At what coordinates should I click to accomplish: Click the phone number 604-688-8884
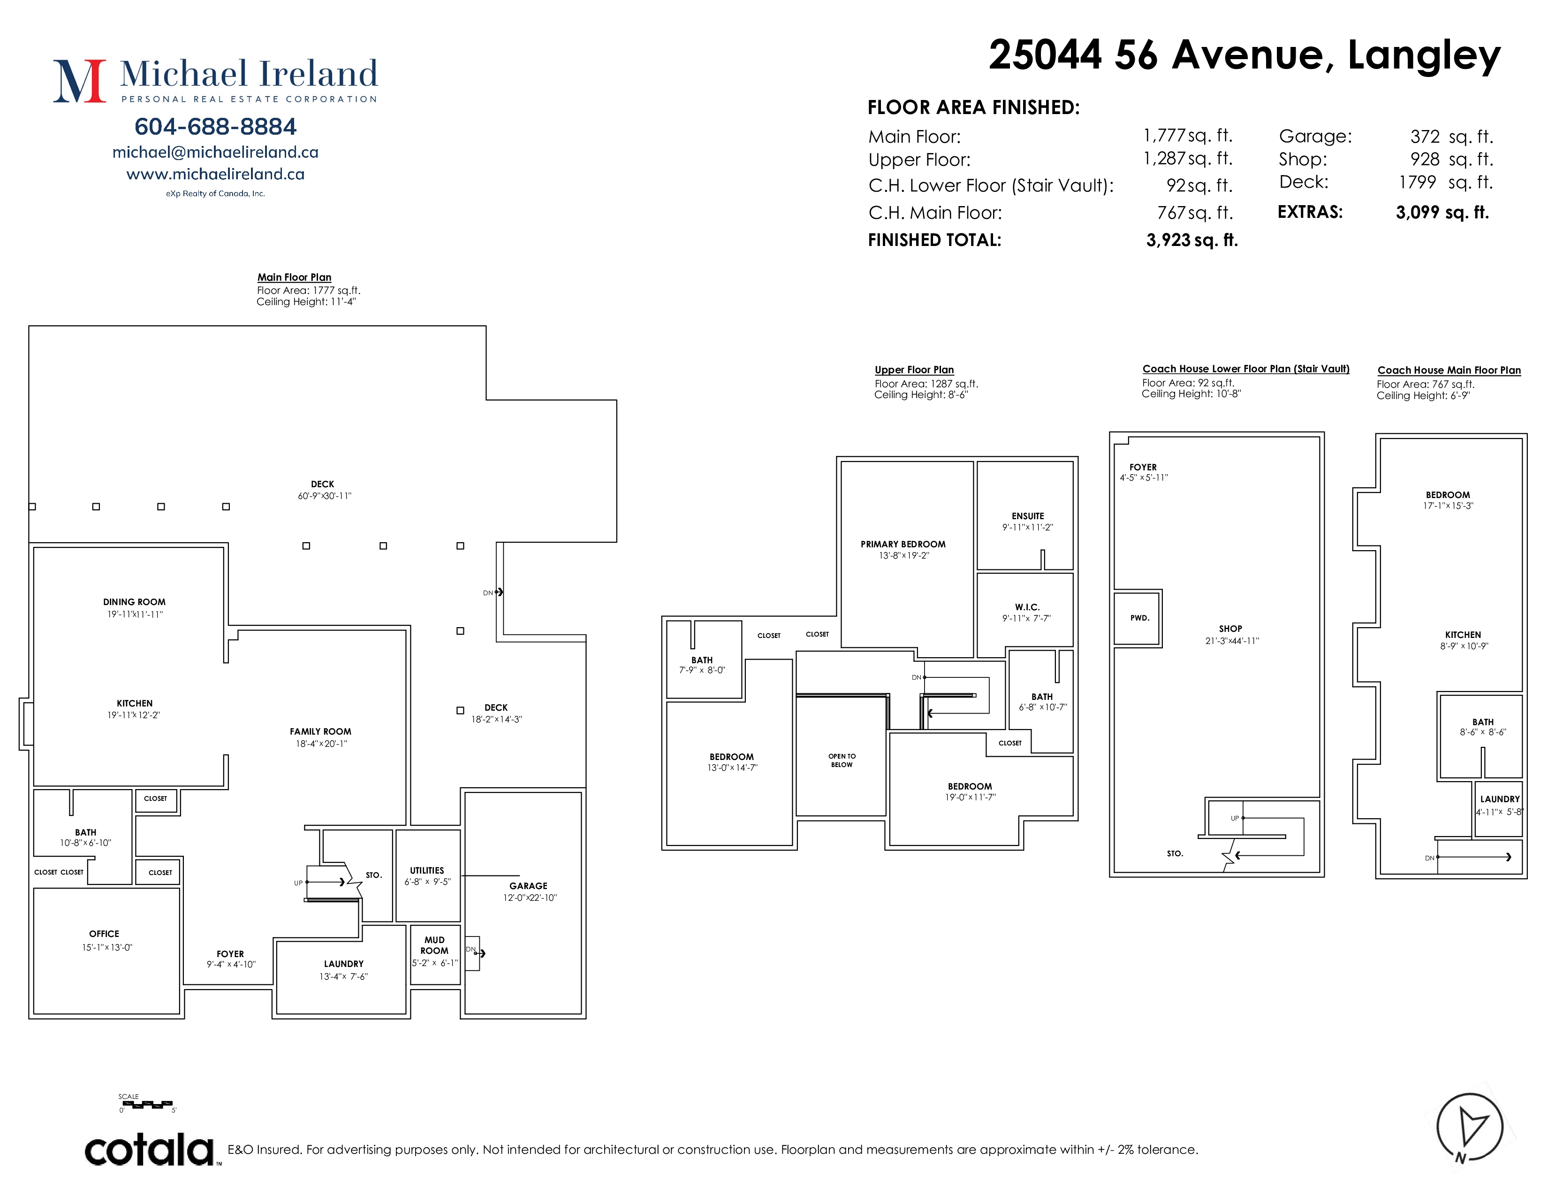click(215, 126)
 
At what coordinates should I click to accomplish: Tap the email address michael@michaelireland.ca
click(215, 153)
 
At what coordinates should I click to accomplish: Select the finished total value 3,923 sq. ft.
click(1191, 240)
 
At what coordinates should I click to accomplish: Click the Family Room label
click(320, 731)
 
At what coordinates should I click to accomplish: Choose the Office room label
click(104, 934)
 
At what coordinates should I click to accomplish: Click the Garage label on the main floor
click(528, 886)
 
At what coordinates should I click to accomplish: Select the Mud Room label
click(434, 945)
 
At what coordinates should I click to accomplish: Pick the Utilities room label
click(427, 870)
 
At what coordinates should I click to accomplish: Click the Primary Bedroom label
click(903, 544)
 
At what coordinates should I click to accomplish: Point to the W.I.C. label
click(1027, 607)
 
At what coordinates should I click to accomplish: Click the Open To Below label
click(842, 760)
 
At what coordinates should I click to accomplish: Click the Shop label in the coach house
click(1230, 628)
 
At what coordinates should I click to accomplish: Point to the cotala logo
click(150, 1150)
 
